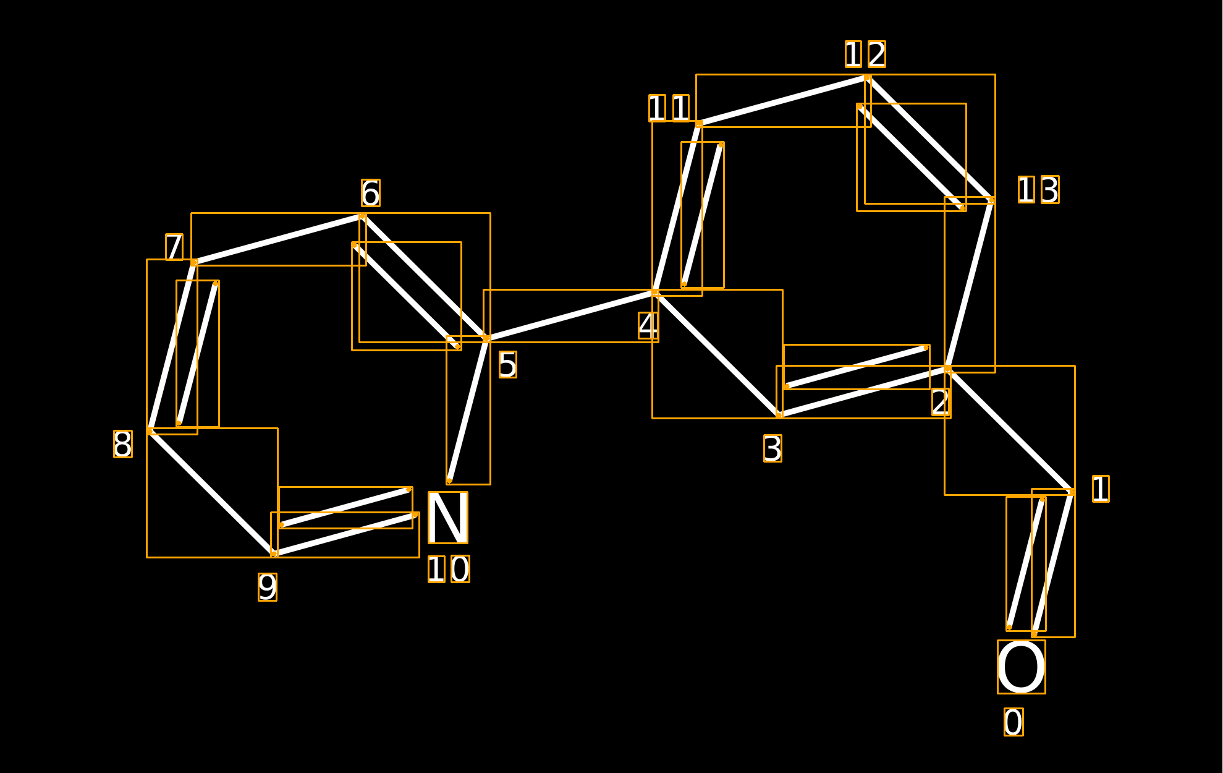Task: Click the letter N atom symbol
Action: pos(447,518)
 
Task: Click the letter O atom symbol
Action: pos(1021,667)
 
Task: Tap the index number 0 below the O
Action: pos(1014,722)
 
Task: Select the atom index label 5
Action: pos(507,364)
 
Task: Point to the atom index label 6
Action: pos(371,193)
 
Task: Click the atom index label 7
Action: pos(174,247)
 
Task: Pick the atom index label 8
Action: pos(123,444)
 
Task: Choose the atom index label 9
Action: pos(268,587)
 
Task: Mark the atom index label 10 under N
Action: pos(449,569)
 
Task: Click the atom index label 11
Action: pos(669,108)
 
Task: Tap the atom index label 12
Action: pos(865,54)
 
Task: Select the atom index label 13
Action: pos(1039,189)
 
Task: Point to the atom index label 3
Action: pos(772,448)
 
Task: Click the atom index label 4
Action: pos(648,325)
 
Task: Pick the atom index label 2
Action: pos(941,403)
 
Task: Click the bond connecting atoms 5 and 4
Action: pos(570,315)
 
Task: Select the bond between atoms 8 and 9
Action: pos(212,492)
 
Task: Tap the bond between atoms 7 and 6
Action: pos(278,239)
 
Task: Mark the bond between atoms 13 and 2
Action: pos(970,284)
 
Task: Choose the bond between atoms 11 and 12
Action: pos(783,101)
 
